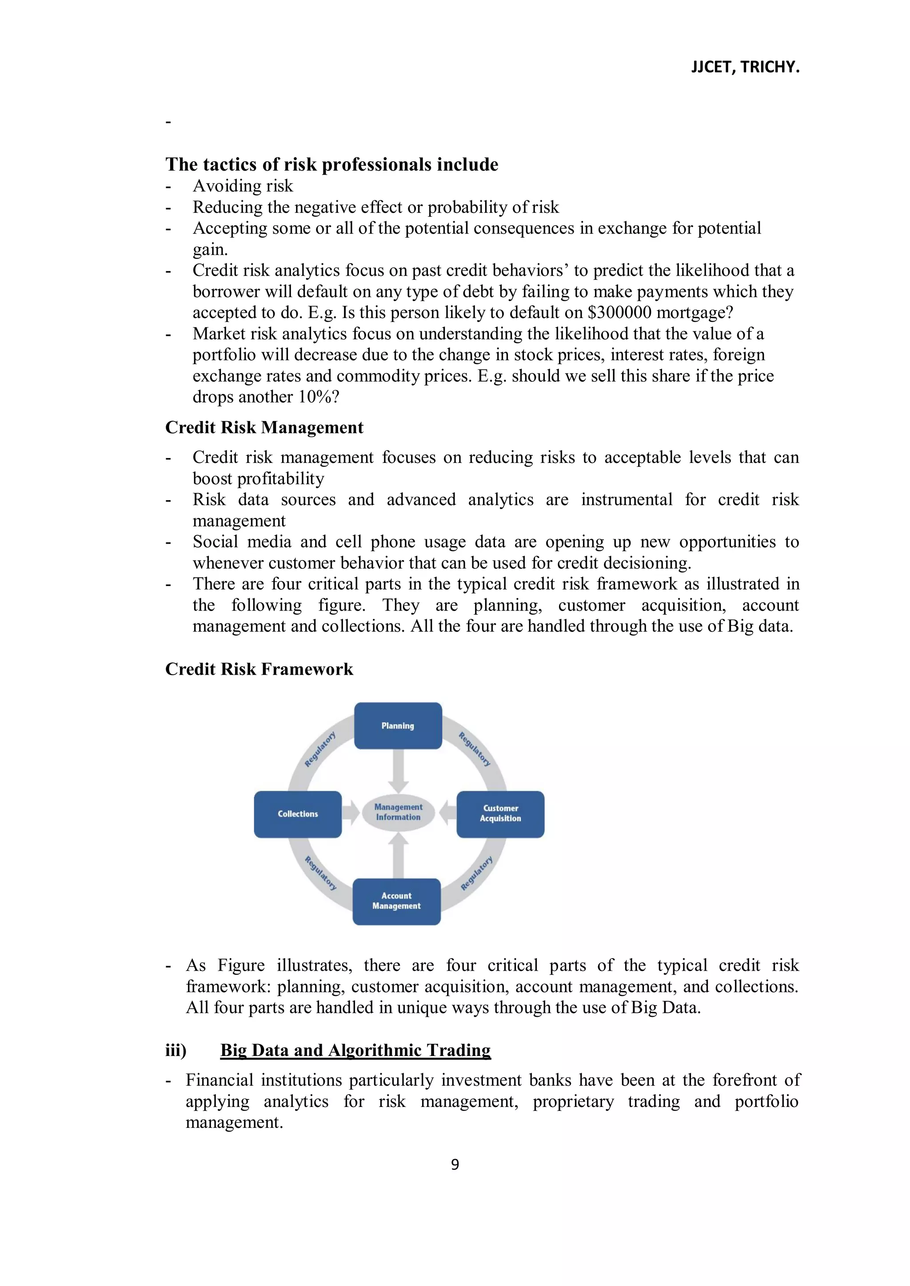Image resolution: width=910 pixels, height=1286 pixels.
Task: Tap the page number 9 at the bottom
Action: click(455, 1164)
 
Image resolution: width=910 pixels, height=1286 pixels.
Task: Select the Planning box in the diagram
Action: click(398, 725)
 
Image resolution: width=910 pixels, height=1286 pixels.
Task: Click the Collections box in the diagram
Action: click(298, 814)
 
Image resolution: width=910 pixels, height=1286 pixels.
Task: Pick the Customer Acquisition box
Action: click(500, 814)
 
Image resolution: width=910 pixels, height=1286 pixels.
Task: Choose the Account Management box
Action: click(396, 901)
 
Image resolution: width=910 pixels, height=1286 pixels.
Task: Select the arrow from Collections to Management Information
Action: click(350, 813)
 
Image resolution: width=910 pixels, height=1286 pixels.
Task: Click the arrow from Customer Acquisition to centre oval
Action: click(448, 813)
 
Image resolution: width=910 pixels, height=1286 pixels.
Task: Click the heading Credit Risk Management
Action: click(264, 427)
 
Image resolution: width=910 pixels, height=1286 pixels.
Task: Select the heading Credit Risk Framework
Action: click(259, 669)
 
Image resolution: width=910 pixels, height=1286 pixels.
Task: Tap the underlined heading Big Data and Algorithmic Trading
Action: click(355, 1050)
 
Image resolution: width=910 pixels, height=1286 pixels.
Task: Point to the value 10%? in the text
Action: click(318, 397)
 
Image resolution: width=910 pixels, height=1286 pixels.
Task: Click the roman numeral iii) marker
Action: click(176, 1050)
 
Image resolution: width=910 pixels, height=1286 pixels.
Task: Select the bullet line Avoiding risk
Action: click(243, 186)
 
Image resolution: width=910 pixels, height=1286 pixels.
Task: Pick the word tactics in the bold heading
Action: click(230, 165)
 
